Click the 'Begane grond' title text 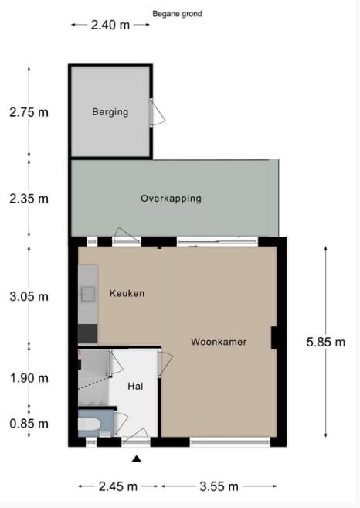177,14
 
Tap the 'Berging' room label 110,112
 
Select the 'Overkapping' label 171,199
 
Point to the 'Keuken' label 127,294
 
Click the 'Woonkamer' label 219,341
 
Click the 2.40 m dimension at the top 110,25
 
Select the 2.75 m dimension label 29,112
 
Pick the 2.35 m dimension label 29,199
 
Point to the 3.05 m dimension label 29,296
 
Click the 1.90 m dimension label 29,378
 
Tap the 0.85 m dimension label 29,424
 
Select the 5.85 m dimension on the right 325,343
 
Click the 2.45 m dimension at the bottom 119,486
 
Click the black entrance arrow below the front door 137,459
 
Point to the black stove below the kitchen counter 87,333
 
